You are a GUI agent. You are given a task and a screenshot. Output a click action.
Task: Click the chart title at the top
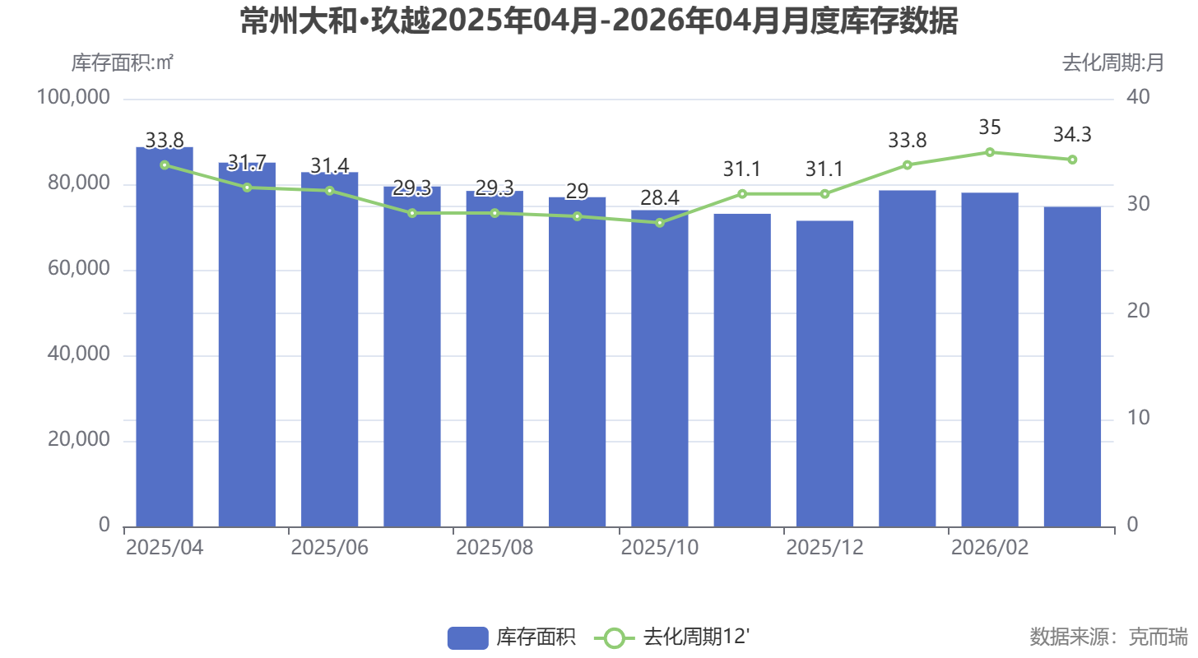click(599, 21)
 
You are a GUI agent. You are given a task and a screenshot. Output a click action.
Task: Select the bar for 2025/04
click(165, 337)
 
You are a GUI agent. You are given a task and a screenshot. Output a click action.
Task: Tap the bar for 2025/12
click(824, 373)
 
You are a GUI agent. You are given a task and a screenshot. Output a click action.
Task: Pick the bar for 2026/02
click(990, 359)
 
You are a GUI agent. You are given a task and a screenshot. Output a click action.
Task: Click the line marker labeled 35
click(990, 152)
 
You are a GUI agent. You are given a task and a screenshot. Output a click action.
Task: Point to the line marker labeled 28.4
click(660, 223)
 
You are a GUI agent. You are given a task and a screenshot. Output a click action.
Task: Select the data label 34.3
click(1072, 134)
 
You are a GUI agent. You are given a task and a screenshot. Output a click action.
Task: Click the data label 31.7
click(247, 163)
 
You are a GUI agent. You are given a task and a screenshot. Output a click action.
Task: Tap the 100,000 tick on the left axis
click(74, 98)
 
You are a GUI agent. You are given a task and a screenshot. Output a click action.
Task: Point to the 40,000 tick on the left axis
click(74, 354)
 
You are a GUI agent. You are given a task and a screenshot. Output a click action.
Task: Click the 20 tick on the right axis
click(1139, 312)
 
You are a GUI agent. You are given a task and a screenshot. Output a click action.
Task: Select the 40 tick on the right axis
click(1139, 98)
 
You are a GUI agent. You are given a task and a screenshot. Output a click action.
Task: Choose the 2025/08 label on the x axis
click(495, 549)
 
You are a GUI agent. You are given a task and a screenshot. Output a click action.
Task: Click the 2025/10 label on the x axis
click(660, 549)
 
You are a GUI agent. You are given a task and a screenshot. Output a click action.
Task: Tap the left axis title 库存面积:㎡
click(122, 63)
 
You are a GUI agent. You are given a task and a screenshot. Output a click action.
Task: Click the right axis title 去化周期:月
click(1112, 63)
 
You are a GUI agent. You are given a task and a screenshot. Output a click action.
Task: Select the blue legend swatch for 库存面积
click(467, 637)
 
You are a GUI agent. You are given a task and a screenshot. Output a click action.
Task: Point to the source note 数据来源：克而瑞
click(1108, 637)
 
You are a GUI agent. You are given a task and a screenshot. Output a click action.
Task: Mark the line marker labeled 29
click(577, 216)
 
